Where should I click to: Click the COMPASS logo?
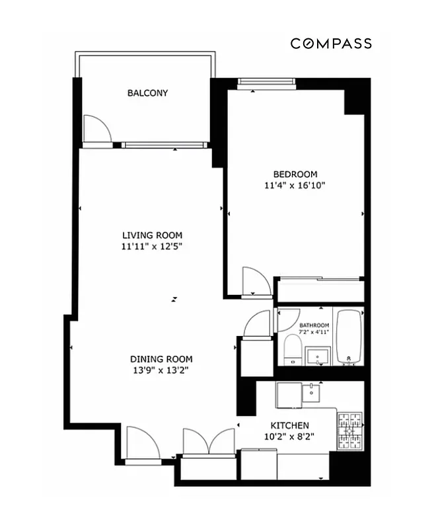331,44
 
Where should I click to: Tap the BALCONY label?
147,93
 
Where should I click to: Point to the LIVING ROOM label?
152,235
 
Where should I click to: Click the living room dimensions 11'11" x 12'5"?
152,247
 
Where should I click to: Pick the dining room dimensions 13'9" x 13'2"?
161,370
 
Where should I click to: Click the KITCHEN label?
289,425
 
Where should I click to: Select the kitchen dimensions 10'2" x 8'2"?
289,437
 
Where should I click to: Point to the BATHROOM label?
314,325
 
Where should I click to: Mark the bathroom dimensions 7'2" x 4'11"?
314,332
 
